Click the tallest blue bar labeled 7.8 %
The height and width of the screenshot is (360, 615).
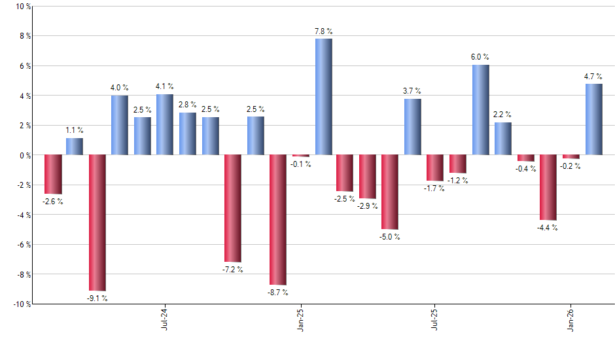coord(323,97)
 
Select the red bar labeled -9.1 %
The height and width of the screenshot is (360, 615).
coord(97,223)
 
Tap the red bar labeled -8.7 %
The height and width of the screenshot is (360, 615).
coord(278,220)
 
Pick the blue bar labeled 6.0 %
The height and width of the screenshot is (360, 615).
coord(480,110)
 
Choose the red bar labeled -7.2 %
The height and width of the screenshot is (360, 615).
coord(233,208)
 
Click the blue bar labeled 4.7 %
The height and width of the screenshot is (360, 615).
coord(593,119)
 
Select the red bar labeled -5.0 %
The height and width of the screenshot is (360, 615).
coord(390,192)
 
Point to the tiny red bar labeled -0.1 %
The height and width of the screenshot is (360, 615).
coord(301,156)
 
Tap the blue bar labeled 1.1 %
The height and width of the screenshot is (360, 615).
coord(75,147)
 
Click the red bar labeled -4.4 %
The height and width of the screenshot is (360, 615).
coord(548,187)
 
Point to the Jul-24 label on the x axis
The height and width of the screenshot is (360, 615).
coord(164,318)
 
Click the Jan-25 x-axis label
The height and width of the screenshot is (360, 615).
coord(300,318)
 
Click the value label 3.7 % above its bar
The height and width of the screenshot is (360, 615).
coord(412,91)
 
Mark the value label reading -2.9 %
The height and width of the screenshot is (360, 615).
coord(368,207)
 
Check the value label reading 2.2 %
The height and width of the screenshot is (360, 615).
coord(502,115)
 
